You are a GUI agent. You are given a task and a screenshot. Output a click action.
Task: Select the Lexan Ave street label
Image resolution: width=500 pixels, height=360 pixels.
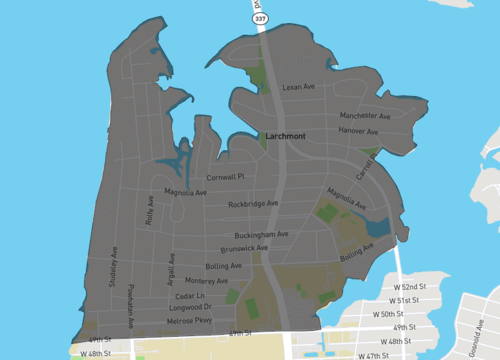(x=298, y=88)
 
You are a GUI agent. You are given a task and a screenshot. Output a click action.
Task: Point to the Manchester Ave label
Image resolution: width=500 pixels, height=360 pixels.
(x=364, y=116)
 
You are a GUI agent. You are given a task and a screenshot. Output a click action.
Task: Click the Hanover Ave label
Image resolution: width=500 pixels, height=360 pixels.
(x=358, y=131)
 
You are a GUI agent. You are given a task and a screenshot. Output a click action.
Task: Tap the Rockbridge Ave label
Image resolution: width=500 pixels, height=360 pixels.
(x=253, y=204)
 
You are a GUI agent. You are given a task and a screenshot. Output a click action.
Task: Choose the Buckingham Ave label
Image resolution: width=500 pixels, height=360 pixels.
(x=262, y=234)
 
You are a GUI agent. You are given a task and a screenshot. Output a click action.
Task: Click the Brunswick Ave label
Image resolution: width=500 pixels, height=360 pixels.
(x=244, y=248)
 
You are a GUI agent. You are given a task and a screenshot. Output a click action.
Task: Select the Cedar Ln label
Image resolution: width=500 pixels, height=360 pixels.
(x=190, y=297)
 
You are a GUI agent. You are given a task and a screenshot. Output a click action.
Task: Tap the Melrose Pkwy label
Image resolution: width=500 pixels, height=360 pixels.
(x=188, y=321)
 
